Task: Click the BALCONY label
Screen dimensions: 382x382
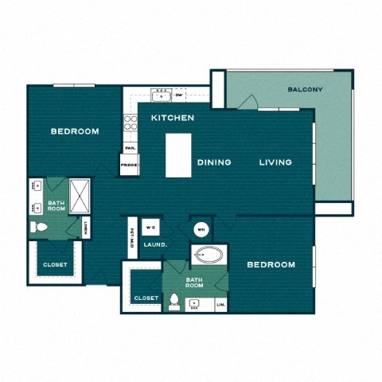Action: [x=305, y=89]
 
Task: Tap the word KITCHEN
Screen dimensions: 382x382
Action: [x=173, y=118]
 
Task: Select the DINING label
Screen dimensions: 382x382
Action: [x=214, y=162]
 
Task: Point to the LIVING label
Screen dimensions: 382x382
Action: [x=275, y=162]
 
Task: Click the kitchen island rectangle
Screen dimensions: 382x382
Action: [x=179, y=154]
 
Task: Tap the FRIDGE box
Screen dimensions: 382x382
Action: [x=129, y=166]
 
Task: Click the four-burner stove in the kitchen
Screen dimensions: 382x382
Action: [x=130, y=123]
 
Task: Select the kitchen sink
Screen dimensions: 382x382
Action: [x=162, y=95]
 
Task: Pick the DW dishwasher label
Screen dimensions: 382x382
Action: [x=178, y=95]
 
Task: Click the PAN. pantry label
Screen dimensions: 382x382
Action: [x=129, y=148]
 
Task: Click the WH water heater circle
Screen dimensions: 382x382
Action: [x=201, y=229]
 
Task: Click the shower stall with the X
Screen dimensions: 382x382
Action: [x=80, y=193]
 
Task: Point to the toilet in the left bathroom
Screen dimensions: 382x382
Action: [x=39, y=228]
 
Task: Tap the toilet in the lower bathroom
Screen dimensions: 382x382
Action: [x=174, y=302]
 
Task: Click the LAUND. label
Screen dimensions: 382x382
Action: [x=154, y=244]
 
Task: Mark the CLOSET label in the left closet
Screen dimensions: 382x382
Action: [x=55, y=264]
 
